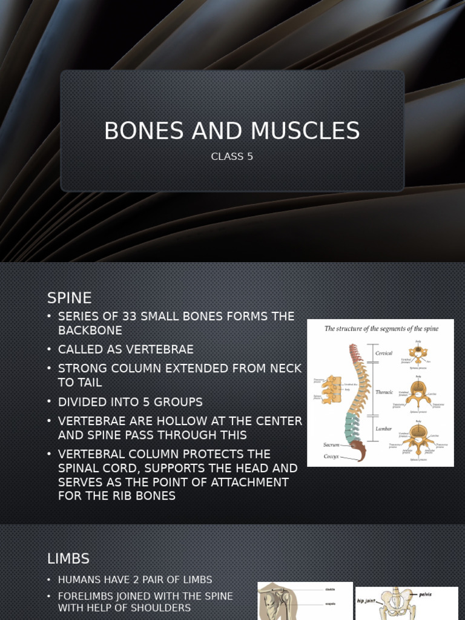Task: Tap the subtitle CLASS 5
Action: pos(232,157)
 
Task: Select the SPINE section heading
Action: pos(70,298)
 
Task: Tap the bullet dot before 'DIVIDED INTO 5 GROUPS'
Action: pos(50,402)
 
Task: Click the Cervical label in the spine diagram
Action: pos(384,353)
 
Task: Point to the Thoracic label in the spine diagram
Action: pos(384,392)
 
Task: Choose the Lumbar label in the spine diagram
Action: pos(383,428)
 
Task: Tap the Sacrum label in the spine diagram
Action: pos(331,444)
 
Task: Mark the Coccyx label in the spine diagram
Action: pos(331,456)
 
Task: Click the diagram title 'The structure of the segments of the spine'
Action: pos(381,329)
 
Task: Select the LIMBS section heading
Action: pos(68,558)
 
